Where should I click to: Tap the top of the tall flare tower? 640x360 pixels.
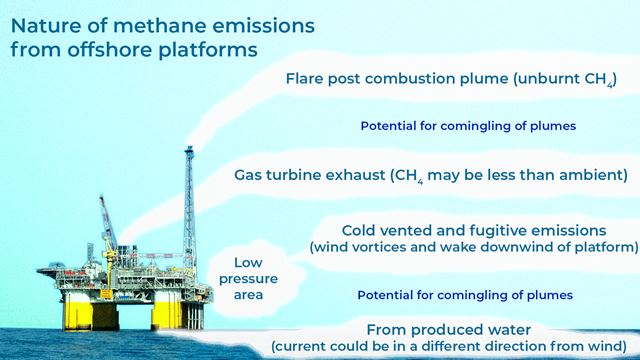click(188, 151)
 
